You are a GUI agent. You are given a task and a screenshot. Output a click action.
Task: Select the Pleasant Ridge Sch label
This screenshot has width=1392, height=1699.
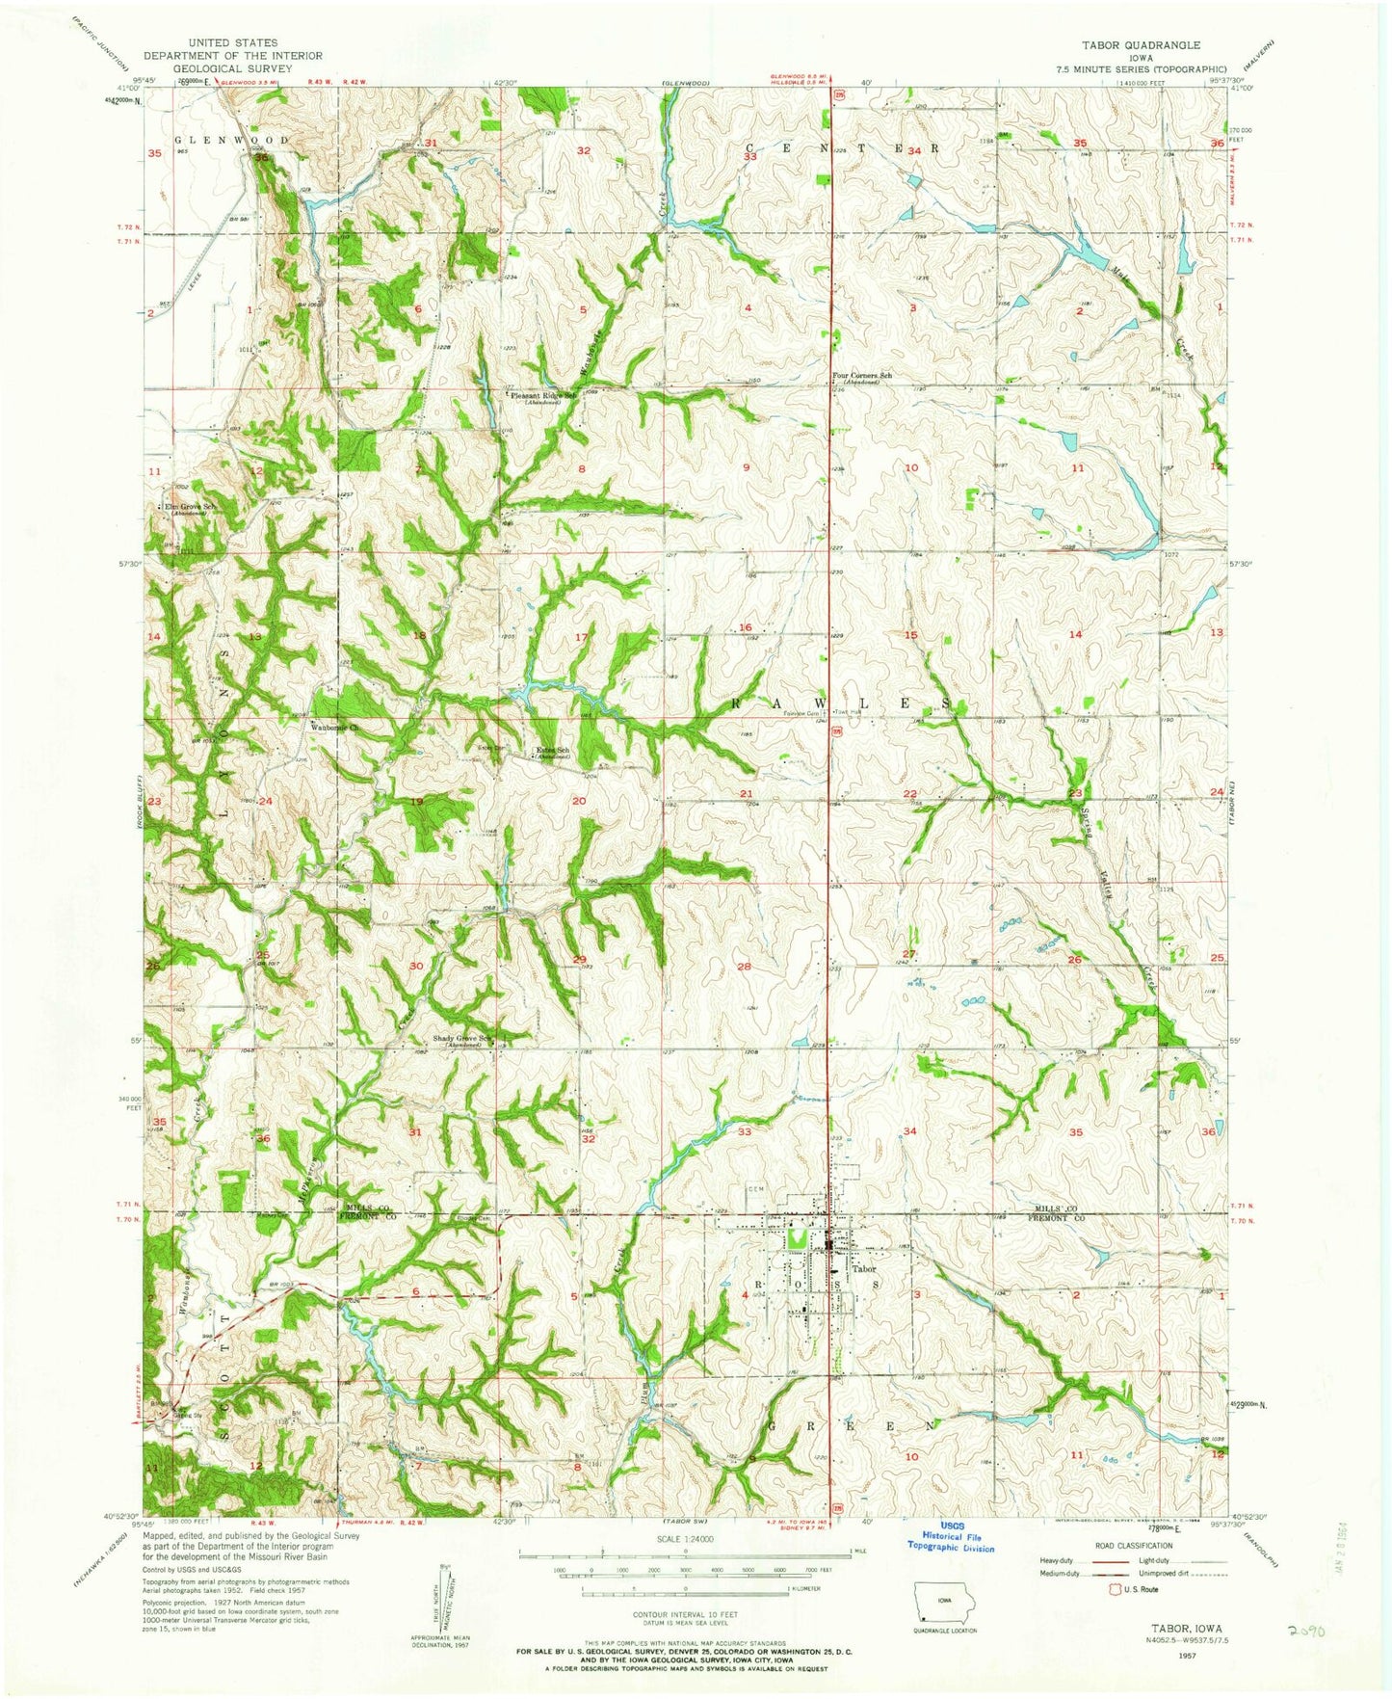point(542,395)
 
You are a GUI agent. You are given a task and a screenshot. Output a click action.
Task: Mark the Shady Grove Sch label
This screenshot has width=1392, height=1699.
point(459,1040)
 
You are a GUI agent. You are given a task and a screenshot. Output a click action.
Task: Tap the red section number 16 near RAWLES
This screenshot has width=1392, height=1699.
point(745,627)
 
